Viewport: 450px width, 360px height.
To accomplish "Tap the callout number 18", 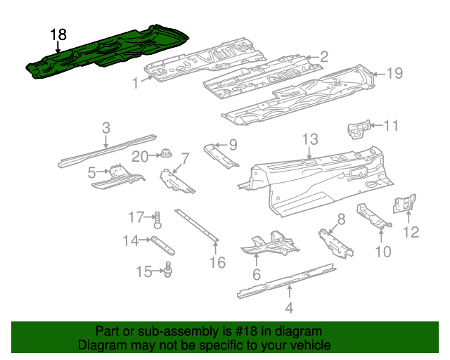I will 58,34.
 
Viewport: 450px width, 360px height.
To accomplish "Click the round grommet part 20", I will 167,153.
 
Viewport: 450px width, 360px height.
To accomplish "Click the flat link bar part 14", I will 162,245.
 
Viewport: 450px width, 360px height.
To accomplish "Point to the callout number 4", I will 289,307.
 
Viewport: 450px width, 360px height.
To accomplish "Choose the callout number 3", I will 106,128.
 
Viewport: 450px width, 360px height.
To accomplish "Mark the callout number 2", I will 324,57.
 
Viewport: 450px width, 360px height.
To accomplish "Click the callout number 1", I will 136,84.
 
